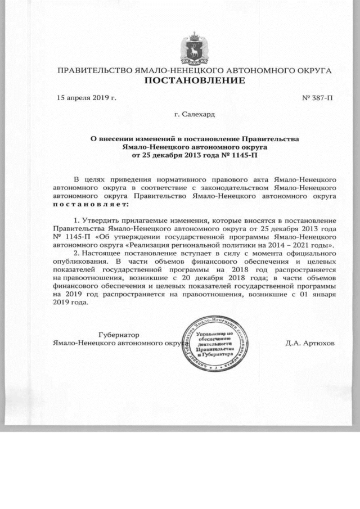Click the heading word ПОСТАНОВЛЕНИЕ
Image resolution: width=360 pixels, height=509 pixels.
(x=195, y=81)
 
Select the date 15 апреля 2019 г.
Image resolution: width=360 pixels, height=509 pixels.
(x=87, y=98)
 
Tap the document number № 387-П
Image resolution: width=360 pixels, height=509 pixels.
(x=318, y=98)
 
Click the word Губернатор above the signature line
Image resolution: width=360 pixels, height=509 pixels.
(x=119, y=335)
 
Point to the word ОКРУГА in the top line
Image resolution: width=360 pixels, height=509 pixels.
(x=310, y=71)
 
